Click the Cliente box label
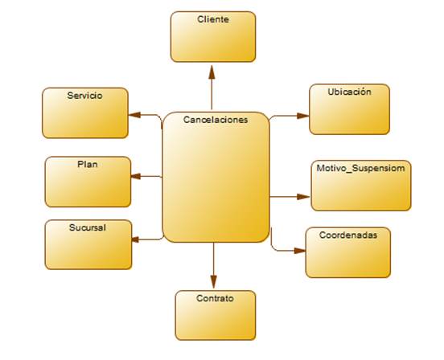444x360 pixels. tap(213, 19)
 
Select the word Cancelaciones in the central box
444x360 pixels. tap(216, 120)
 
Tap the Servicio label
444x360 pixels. tap(84, 96)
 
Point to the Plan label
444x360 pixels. tap(88, 164)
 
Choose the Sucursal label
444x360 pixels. tap(88, 227)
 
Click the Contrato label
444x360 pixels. tap(215, 298)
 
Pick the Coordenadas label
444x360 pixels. tap(348, 235)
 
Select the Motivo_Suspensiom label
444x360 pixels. tap(360, 168)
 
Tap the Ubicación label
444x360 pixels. tap(349, 92)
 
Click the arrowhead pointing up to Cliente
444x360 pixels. tap(212, 72)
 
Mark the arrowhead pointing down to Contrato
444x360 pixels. tap(213, 281)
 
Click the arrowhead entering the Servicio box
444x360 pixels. tap(134, 115)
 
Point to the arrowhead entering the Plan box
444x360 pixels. tap(136, 176)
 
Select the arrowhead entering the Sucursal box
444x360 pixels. tap(135, 239)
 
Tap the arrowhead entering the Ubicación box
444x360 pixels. tap(302, 116)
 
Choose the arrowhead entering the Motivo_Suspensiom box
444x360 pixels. tap(303, 197)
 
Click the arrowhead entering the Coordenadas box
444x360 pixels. tap(300, 251)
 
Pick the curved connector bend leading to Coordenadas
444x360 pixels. tap(273, 247)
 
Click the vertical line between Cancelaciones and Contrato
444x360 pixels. tap(213, 259)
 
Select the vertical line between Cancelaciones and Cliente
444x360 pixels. tap(212, 94)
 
